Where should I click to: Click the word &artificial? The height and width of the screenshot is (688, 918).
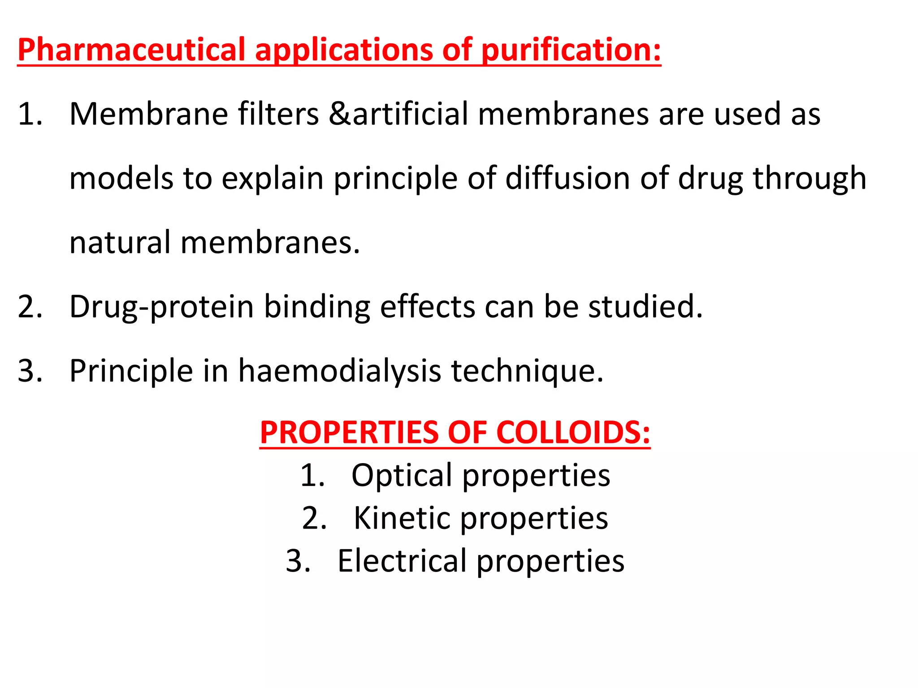398,114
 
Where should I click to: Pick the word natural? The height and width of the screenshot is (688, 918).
120,242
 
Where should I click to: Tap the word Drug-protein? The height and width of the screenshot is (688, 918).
162,307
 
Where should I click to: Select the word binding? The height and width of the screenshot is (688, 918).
316,307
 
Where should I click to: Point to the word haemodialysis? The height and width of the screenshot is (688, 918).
339,371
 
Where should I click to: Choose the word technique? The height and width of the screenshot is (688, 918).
527,371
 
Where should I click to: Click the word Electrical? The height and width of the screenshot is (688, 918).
402,561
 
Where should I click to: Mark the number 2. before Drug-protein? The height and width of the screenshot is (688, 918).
30,307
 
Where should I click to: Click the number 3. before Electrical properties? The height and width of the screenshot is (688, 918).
298,561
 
